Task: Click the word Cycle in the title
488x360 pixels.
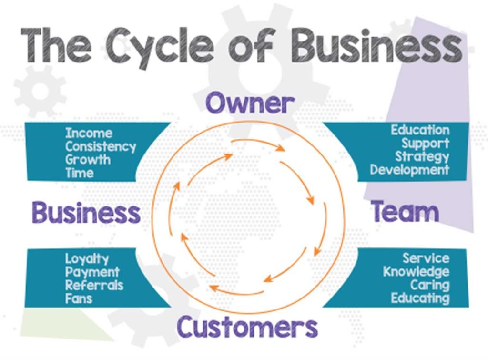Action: (x=159, y=47)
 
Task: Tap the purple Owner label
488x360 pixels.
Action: (x=250, y=103)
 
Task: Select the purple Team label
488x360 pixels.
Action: (x=405, y=211)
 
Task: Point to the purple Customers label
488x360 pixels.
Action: (x=247, y=327)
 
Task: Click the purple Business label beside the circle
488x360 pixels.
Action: (x=86, y=212)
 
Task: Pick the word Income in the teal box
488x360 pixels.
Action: (x=89, y=133)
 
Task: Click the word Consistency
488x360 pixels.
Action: (x=101, y=147)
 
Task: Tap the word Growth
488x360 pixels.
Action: (x=88, y=159)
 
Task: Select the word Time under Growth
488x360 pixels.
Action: (x=80, y=173)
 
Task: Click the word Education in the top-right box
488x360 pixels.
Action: (x=420, y=130)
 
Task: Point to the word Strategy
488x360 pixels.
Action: (x=422, y=157)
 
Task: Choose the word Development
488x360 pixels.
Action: (x=409, y=170)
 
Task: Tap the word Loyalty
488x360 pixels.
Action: (x=87, y=259)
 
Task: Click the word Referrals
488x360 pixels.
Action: (x=94, y=285)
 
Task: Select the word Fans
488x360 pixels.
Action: (x=79, y=298)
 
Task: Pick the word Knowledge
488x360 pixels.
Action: (x=417, y=272)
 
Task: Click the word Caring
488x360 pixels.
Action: (x=430, y=285)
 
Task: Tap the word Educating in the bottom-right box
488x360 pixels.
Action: (x=420, y=298)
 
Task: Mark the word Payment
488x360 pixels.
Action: (x=92, y=272)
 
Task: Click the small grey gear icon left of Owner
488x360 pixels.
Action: (x=40, y=91)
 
